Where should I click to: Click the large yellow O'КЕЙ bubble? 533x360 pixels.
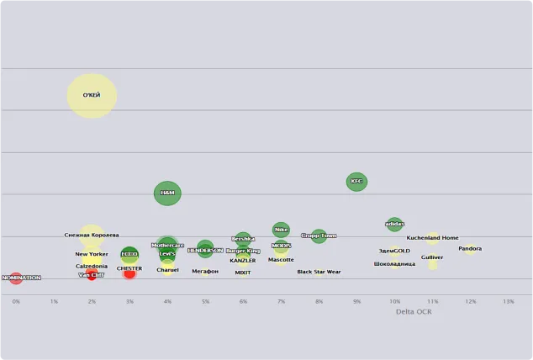92,95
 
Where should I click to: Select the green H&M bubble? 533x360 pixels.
167,193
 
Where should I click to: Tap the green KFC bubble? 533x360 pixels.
356,181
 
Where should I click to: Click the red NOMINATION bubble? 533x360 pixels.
16,278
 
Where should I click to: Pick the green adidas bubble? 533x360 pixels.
394,225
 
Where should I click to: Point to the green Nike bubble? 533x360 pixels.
281,229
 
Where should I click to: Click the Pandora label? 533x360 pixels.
470,249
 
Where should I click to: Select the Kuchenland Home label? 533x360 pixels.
432,238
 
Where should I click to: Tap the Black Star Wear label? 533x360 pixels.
319,272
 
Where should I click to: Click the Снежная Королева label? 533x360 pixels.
92,236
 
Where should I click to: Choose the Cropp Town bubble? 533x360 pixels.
319,236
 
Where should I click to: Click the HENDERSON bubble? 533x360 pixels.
205,250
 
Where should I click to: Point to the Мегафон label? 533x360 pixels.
205,271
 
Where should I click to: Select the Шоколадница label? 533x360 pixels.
394,264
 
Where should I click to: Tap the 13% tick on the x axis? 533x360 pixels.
508,301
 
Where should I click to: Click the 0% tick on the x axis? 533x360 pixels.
16,301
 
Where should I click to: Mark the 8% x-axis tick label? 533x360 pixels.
319,301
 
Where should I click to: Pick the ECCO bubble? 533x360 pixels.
129,253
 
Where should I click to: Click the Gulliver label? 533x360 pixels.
432,257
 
